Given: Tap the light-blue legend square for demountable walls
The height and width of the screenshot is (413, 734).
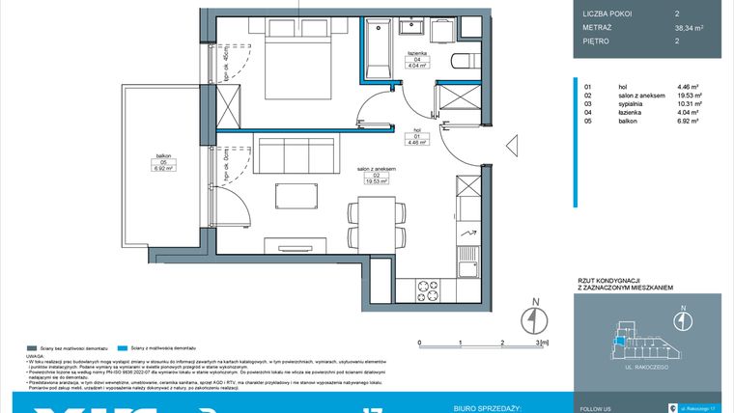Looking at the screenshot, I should click(x=121, y=346).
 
